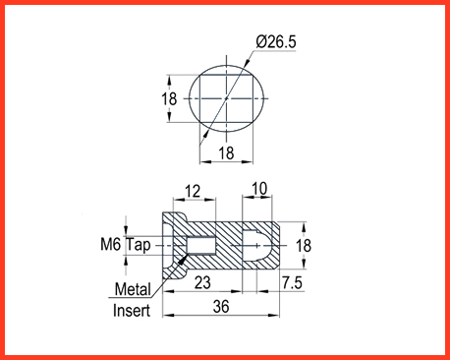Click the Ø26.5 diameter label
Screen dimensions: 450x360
coord(276,42)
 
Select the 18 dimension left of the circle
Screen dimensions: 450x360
coord(169,98)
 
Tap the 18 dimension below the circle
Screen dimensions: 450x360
coord(226,152)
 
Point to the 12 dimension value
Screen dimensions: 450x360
coord(193,191)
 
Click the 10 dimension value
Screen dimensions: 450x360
coord(259,189)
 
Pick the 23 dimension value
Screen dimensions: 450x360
coord(202,282)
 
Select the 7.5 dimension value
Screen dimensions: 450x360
coord(292,282)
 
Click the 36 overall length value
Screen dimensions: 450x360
coord(221,307)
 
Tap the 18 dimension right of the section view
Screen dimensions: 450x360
coord(304,246)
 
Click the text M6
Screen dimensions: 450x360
coord(111,245)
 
